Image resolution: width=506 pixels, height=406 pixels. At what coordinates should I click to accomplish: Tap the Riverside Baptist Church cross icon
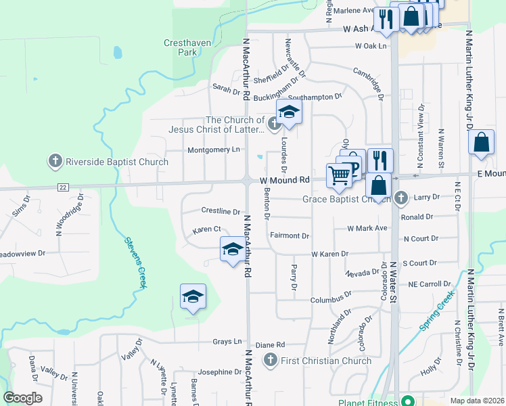coord(55,161)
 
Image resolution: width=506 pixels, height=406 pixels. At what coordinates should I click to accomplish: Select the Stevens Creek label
coord(135,263)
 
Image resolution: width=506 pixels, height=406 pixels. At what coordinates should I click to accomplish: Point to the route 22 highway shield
coord(63,187)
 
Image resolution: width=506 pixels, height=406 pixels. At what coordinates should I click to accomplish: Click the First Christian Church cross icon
coord(271,360)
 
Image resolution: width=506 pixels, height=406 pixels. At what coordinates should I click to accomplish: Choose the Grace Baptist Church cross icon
coord(400,198)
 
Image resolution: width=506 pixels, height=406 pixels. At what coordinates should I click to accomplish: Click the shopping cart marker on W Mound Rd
coord(340,175)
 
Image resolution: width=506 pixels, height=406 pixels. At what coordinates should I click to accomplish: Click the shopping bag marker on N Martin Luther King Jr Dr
coord(481,143)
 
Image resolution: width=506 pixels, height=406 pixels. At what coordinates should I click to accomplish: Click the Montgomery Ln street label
coord(214,150)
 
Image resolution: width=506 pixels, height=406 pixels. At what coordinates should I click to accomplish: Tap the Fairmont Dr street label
coord(290,236)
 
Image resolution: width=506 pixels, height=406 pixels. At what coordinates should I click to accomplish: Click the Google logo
coord(22,398)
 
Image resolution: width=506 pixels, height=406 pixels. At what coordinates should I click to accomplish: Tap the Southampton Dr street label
coord(320,97)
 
